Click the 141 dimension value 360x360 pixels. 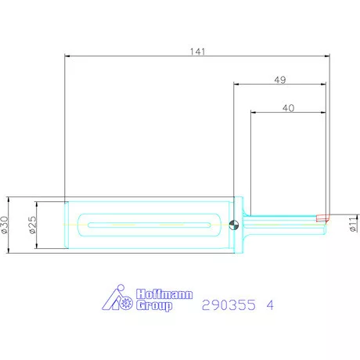(197, 52)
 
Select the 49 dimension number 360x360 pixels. (280, 80)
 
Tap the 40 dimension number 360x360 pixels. (288, 108)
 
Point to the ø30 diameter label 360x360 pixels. (5, 225)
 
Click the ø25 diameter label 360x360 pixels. (33, 225)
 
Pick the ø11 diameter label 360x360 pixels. (353, 223)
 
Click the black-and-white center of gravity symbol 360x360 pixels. (234, 225)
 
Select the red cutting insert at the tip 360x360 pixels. (322, 218)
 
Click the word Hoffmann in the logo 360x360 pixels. (164, 294)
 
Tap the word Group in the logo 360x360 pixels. (154, 305)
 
